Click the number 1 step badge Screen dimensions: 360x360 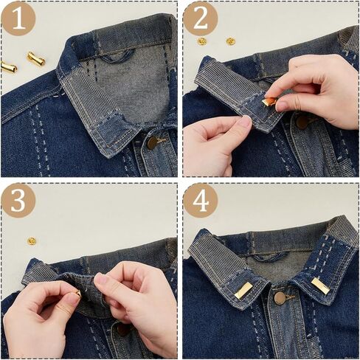click(18, 19)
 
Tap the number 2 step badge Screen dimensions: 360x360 click(201, 19)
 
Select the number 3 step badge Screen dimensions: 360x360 click(18, 201)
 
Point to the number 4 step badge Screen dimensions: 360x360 click(201, 201)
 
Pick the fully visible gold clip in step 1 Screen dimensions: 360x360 click(36, 59)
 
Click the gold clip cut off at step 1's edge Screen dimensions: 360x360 click(8, 67)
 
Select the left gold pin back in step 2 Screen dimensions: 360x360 click(202, 41)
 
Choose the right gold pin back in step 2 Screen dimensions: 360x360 click(231, 41)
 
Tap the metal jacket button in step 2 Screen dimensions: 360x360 click(302, 122)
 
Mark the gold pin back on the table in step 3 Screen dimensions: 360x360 click(32, 241)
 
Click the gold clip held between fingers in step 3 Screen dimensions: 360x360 click(78, 294)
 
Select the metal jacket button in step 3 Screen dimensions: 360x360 click(122, 330)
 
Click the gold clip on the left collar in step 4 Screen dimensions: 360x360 click(243, 291)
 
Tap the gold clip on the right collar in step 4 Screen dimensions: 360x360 click(321, 287)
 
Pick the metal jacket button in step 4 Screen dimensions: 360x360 click(280, 298)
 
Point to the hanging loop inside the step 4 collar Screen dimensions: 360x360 click(268, 257)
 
